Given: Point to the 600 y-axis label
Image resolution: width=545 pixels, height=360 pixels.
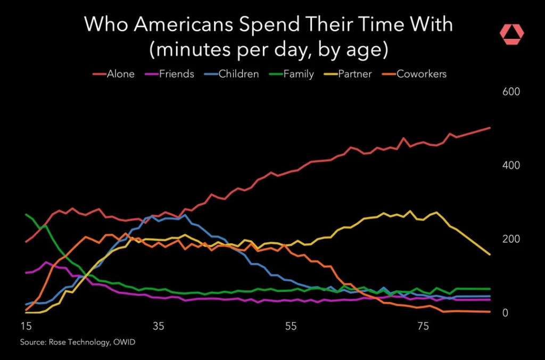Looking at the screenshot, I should pyautogui.click(x=511, y=92).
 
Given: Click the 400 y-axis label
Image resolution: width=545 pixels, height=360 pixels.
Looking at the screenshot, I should pyautogui.click(x=511, y=165).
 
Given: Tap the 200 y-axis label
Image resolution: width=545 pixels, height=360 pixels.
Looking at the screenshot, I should pyautogui.click(x=511, y=239).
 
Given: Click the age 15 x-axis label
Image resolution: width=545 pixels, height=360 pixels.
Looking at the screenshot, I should pyautogui.click(x=26, y=326).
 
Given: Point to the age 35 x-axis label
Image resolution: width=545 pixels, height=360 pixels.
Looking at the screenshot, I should pyautogui.click(x=158, y=326).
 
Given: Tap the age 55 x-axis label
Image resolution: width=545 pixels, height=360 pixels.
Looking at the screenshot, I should pyautogui.click(x=291, y=326).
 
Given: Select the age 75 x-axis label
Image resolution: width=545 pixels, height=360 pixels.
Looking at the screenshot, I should pyautogui.click(x=423, y=326).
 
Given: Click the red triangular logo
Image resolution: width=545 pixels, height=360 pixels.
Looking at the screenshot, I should pyautogui.click(x=511, y=34).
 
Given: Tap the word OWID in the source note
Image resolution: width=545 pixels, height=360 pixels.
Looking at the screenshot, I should pyautogui.click(x=123, y=342).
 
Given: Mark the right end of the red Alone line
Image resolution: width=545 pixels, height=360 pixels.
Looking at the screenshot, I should pyautogui.click(x=490, y=128).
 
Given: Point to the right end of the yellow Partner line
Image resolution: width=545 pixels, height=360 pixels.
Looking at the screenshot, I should pyautogui.click(x=490, y=255).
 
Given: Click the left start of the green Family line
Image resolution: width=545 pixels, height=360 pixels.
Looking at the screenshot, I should pyautogui.click(x=26, y=214).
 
